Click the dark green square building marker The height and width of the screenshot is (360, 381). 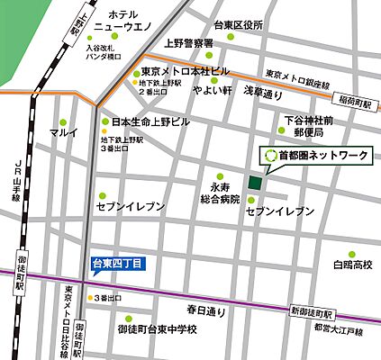(256, 183)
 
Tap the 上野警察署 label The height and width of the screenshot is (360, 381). (187, 43)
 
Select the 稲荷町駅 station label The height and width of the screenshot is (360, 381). (356, 105)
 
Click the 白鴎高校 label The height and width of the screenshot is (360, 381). (352, 265)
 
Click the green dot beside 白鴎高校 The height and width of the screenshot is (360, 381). (352, 254)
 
